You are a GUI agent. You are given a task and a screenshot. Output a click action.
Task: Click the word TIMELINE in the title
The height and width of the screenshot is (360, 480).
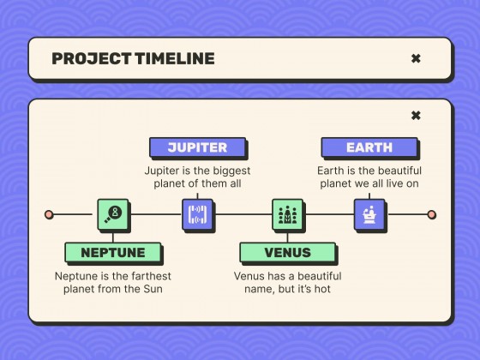pos(174,59)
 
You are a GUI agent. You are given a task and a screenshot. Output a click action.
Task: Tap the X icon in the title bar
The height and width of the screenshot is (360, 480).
pos(416,59)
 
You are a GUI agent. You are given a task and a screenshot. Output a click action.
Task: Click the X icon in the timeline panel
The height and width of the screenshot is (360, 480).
pos(416,116)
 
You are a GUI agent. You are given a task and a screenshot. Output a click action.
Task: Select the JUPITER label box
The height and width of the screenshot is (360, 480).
pos(197,147)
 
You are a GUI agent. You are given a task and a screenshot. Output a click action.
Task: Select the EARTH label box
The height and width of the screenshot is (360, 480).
pos(369,147)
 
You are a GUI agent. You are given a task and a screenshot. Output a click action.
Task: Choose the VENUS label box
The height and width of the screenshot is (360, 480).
pos(287,253)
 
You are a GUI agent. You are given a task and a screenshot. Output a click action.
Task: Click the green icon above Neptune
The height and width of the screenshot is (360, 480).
pos(113,214)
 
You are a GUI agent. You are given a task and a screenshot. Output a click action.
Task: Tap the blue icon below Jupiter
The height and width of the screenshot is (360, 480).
pos(198,214)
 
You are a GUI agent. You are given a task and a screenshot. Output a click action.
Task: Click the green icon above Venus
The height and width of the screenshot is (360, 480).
pos(288,214)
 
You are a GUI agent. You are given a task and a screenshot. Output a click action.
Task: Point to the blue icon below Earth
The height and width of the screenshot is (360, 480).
pos(369,214)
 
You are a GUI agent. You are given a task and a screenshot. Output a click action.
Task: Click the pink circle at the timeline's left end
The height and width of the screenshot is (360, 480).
pos(49,214)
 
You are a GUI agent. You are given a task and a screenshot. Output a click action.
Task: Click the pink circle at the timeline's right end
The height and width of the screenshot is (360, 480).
pos(432,214)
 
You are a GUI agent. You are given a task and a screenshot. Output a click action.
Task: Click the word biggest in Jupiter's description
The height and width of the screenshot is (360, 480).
pos(230,171)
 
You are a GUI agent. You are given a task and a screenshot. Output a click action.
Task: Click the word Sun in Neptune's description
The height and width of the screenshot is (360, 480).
pos(153,290)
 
